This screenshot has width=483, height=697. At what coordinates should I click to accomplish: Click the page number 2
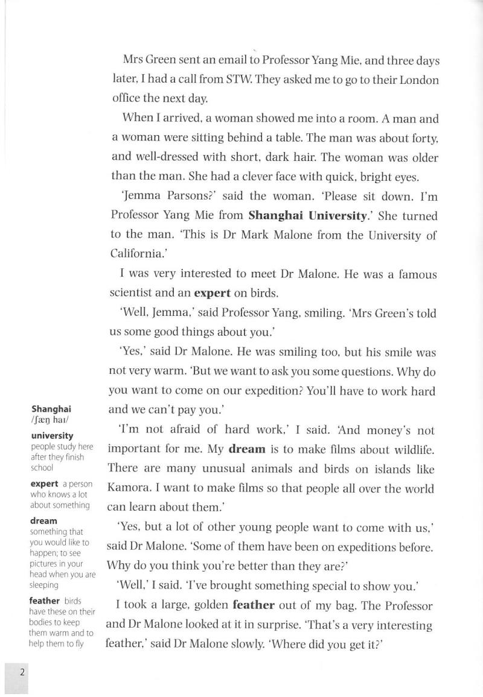point(22,673)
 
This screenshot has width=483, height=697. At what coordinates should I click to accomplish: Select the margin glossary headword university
point(52,435)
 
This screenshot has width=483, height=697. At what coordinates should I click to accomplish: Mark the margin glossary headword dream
point(44,520)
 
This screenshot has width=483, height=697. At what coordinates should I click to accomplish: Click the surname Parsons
point(184,197)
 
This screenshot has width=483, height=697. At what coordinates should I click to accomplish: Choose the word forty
point(422,139)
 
